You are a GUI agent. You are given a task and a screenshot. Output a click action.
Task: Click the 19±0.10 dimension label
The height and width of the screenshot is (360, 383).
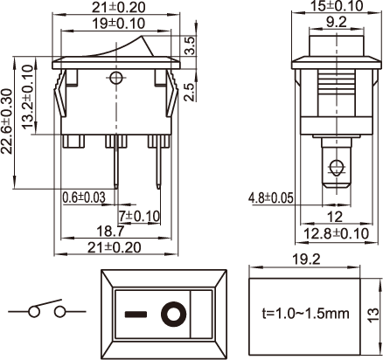(118, 24)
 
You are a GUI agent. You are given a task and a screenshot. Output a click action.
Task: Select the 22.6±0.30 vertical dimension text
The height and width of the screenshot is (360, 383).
(7, 121)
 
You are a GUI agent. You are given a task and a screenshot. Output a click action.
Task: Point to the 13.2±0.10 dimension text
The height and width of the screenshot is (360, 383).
(28, 96)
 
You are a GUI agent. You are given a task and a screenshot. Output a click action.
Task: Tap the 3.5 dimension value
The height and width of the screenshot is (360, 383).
(190, 45)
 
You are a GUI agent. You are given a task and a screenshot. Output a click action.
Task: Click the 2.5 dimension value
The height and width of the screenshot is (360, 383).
(190, 92)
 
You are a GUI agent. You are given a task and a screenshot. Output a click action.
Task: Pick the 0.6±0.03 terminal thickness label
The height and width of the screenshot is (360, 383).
(84, 197)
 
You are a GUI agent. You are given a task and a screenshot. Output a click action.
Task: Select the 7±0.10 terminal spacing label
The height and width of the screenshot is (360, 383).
(139, 216)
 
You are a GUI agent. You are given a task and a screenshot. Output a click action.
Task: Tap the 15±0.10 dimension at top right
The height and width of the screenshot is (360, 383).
(337, 6)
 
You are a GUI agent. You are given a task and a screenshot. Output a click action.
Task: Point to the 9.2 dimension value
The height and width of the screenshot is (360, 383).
(337, 22)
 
